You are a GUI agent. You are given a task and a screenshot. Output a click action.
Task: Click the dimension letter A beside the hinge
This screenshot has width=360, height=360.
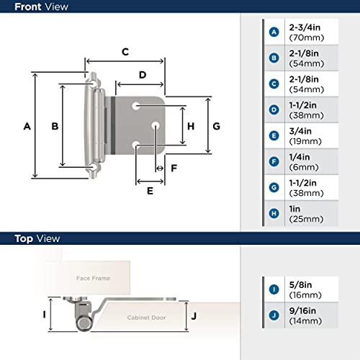27,126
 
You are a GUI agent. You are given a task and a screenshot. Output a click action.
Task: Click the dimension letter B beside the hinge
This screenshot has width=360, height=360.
54,126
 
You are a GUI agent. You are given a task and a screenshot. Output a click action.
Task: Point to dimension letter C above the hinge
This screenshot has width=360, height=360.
125,52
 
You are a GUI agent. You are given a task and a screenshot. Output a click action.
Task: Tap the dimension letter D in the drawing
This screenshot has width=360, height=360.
143,75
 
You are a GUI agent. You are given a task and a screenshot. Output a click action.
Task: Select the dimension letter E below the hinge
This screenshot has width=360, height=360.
150,191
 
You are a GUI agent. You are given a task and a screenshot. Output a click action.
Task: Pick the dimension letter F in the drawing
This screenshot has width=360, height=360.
174,168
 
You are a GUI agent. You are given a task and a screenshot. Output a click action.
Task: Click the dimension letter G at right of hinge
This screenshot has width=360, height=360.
216,126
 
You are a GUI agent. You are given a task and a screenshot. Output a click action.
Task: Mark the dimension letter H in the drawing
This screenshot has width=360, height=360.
191,126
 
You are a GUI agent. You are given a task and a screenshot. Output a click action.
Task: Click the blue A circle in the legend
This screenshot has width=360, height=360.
274,32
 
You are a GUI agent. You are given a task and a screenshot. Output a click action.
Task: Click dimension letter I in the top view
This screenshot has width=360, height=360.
44,314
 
